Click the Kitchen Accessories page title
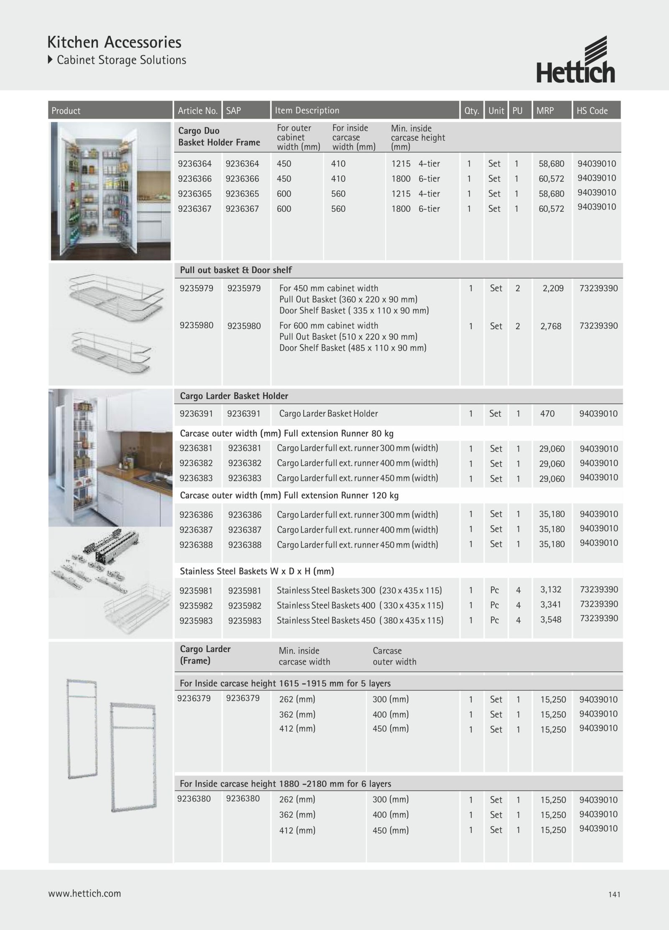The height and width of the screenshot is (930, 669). (114, 43)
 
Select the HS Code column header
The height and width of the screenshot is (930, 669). (592, 111)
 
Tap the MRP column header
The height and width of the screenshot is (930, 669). (545, 111)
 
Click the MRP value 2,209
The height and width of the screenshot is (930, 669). (553, 288)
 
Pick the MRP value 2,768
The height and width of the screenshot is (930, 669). (551, 326)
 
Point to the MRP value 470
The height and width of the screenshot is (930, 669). (547, 414)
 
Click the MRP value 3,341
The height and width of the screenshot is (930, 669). (551, 605)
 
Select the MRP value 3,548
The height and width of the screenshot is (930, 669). (551, 620)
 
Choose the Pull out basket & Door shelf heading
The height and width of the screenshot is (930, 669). (236, 270)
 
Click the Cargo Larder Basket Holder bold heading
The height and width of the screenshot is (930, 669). (234, 396)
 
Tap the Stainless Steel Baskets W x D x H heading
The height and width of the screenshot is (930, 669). (257, 571)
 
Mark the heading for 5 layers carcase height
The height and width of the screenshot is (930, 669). (285, 684)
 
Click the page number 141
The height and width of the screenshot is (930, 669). (614, 894)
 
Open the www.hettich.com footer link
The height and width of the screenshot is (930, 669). (84, 894)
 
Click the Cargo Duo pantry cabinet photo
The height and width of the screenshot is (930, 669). (110, 191)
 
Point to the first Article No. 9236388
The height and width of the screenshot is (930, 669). (196, 545)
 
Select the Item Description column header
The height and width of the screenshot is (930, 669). (307, 110)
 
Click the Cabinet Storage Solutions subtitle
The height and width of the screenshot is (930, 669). (121, 60)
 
